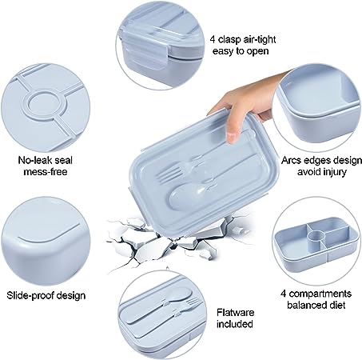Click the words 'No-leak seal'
tap(46, 160)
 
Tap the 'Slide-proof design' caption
tap(46, 295)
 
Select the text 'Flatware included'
tap(235, 318)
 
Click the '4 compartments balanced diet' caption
tap(316, 299)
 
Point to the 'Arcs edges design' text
tap(321, 160)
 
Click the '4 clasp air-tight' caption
tap(243, 40)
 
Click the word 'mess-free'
tap(46, 171)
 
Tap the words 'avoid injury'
tap(322, 172)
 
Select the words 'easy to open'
tap(241, 51)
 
